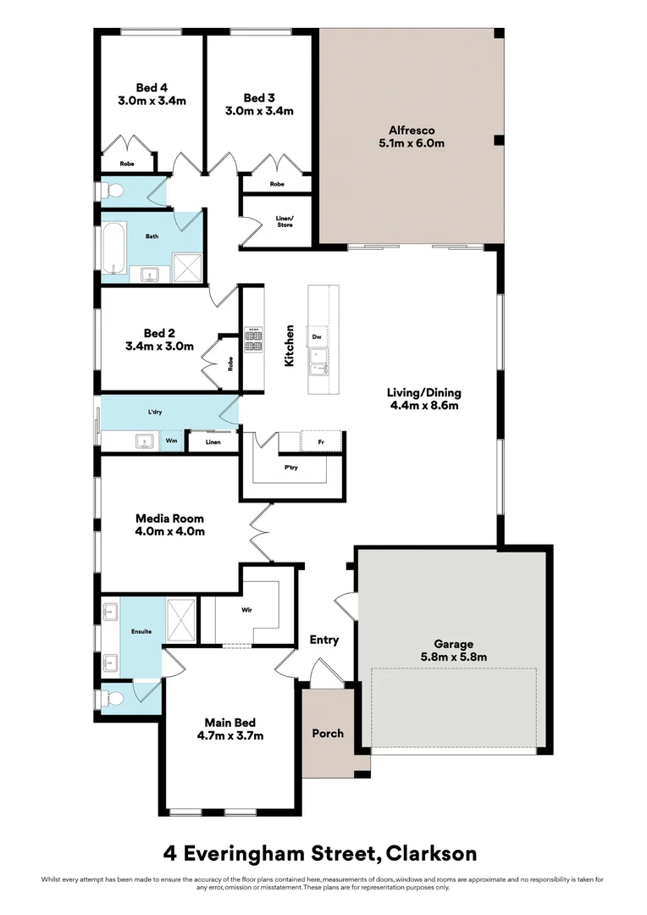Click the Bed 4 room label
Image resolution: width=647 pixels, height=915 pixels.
(x=152, y=88)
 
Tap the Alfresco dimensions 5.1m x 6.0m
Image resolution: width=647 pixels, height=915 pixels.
(x=412, y=143)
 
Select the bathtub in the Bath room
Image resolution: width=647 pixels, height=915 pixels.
(x=114, y=247)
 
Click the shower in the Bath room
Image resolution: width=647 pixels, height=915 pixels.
(x=187, y=268)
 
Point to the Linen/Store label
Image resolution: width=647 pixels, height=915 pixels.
(x=285, y=222)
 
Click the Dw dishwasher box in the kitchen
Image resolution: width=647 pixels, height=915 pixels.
(x=317, y=336)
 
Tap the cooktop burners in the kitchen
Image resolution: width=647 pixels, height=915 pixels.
(x=254, y=341)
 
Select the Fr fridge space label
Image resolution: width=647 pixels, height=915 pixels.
(x=321, y=442)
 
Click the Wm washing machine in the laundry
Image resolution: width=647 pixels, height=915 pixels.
(x=172, y=441)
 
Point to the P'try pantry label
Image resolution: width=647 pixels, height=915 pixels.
(x=290, y=468)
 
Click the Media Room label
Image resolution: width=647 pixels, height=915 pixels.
(x=169, y=518)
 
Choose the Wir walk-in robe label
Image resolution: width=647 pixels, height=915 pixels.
(x=246, y=610)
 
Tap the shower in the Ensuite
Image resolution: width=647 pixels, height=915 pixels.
(x=181, y=620)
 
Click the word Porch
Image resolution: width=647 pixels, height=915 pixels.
(x=328, y=734)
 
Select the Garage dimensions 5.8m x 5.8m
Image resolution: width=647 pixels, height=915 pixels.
(x=454, y=657)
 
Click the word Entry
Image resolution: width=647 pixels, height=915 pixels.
(x=323, y=640)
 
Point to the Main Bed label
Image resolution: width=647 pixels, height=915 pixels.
(x=229, y=723)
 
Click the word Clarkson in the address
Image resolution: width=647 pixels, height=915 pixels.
(x=432, y=854)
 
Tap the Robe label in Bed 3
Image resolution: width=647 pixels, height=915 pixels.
(x=277, y=184)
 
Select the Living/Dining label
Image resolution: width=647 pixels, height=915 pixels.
(x=424, y=393)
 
